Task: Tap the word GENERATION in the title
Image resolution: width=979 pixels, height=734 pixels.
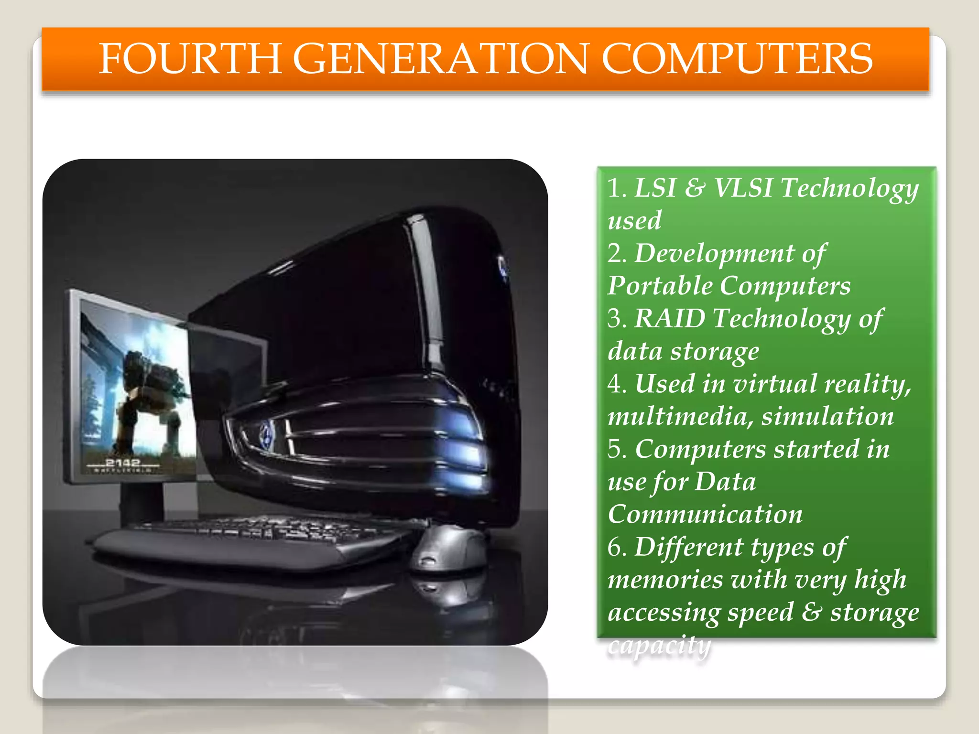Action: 439,59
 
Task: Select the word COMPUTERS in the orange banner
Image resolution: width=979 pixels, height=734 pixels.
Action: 737,59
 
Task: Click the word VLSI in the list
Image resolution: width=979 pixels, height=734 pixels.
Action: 743,187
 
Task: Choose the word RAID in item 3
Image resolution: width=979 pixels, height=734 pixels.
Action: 669,318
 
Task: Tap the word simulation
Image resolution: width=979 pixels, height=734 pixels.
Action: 827,416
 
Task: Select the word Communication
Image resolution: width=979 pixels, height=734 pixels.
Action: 705,514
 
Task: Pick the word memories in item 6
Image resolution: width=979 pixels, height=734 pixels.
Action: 665,580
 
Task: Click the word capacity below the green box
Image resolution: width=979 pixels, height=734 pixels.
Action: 659,645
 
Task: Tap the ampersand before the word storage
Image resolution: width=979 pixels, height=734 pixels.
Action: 811,612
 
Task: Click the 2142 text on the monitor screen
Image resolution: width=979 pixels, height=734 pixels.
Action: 123,463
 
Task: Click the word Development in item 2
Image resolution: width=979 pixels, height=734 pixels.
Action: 715,253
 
